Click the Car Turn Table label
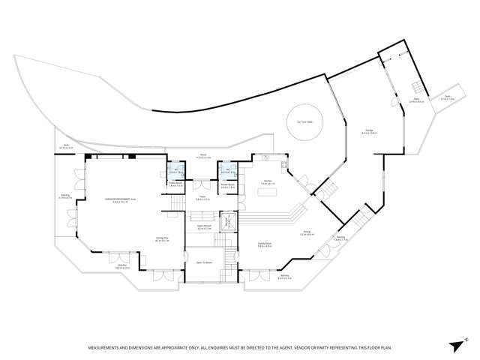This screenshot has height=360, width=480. pos(304,121)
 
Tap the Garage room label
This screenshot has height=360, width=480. pos(370,132)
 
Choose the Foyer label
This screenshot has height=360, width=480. pos(202,199)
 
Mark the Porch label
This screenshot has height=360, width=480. pos(202,156)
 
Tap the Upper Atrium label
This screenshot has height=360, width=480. pos(202,226)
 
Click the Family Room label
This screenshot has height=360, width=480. pos(265,244)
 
